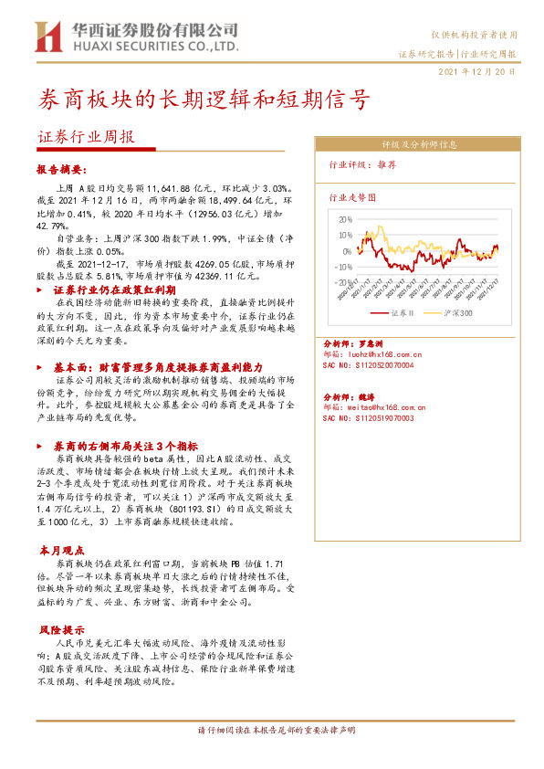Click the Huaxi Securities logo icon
tap(48, 36)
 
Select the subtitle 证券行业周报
tap(87, 137)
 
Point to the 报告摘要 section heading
tap(62, 170)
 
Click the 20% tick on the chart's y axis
tap(344, 220)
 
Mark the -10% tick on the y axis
tap(343, 268)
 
